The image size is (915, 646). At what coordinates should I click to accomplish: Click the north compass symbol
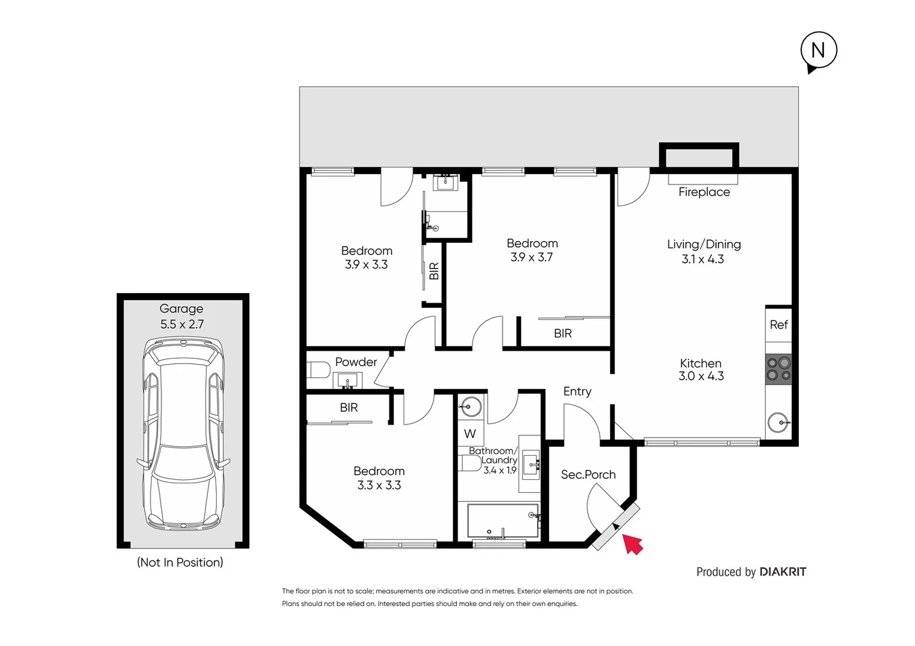[x=818, y=50]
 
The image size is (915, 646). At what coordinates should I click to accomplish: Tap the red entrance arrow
[x=632, y=544]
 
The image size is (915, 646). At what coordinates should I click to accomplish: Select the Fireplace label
[x=704, y=192]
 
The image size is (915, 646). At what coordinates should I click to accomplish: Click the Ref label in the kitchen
[x=778, y=325]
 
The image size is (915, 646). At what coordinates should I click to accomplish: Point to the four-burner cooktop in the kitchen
[x=778, y=369]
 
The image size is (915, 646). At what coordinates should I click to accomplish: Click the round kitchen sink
[x=779, y=422]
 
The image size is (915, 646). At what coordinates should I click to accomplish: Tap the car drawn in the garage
[x=183, y=433]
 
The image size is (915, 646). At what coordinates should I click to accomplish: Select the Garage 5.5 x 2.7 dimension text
[x=182, y=324]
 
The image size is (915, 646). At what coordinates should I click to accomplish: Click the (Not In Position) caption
[x=180, y=562]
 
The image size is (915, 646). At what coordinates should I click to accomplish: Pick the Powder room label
[x=356, y=362]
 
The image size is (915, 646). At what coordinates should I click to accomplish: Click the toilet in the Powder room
[x=318, y=370]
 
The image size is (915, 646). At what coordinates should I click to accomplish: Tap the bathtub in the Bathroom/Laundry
[x=502, y=521]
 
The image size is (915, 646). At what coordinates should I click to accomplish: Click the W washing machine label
[x=470, y=434]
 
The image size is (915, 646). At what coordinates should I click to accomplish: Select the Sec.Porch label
[x=588, y=474]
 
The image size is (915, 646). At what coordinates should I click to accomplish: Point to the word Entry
[x=577, y=391]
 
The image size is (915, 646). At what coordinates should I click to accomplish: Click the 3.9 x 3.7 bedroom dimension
[x=531, y=257]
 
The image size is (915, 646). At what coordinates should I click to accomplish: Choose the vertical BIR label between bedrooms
[x=434, y=272]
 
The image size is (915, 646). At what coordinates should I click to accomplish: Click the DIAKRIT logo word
[x=783, y=572]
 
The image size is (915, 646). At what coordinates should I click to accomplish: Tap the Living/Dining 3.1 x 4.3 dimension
[x=702, y=259]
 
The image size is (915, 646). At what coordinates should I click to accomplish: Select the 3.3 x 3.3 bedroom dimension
[x=379, y=485]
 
